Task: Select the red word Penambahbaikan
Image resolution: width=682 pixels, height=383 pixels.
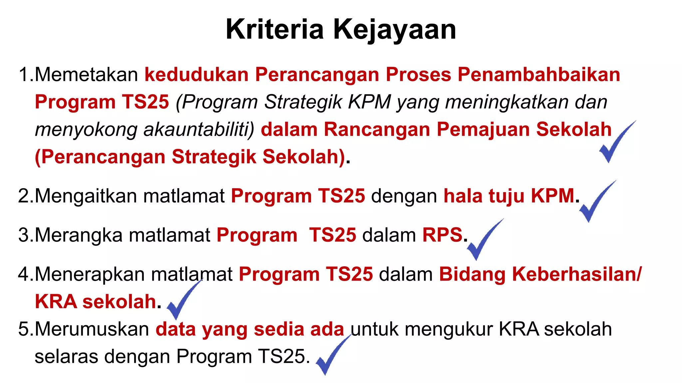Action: [538, 74]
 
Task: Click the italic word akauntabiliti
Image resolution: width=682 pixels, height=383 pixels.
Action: [198, 129]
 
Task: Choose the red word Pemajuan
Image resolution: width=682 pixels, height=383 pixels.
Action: [483, 129]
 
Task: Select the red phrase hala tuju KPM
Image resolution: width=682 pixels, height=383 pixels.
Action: [509, 196]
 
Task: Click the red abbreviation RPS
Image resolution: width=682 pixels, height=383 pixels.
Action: [442, 235]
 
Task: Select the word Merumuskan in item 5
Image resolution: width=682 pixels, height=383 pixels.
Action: [92, 329]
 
